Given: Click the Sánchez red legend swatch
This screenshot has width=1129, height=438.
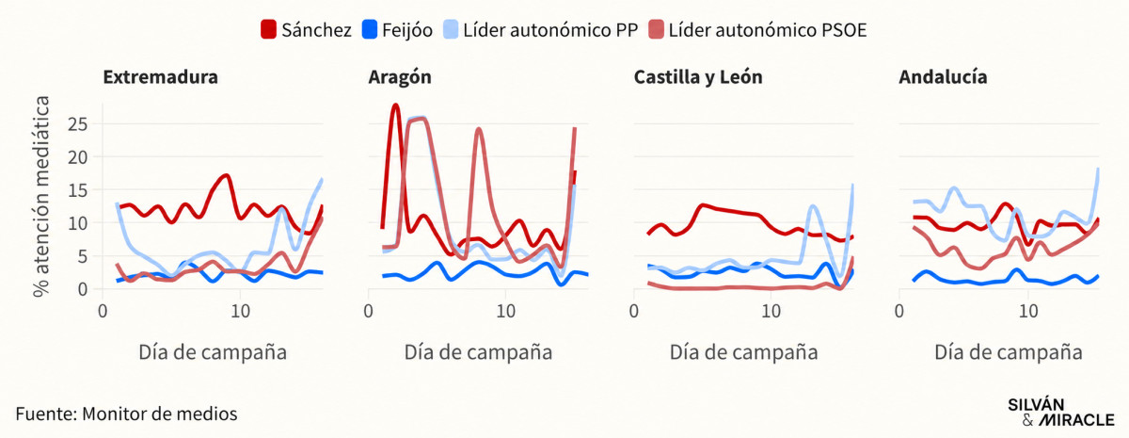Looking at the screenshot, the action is pos(269,29).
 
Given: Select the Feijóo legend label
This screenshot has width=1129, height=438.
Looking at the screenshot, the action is pos(407,30).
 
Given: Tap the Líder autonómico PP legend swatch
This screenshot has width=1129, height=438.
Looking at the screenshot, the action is pos(451,29).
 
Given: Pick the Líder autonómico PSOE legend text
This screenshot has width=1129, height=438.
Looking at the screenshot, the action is pos(768,30).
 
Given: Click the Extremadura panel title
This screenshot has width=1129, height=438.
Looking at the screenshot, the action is pos(160,77).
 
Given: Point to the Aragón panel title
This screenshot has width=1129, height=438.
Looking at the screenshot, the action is pos(400,77).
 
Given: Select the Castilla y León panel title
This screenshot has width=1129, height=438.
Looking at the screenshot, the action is pos(698,77).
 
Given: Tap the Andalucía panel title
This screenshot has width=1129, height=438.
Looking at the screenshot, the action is pos(943,77).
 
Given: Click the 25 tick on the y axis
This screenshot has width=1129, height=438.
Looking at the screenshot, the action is pos(77,124).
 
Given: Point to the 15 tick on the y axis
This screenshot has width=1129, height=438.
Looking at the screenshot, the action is pos(77,190).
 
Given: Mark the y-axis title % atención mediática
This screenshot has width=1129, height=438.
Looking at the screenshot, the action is pos(41,196).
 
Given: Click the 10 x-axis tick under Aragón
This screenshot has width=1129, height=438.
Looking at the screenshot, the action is pos(505,312).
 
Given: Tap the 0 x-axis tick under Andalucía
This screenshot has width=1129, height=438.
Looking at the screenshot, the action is pos(899,312).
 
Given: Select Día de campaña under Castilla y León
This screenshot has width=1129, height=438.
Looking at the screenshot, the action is pos(743,352).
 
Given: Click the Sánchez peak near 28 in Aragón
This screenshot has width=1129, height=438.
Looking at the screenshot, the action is pos(395,105).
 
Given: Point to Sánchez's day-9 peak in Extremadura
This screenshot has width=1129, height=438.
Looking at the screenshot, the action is pos(227,176).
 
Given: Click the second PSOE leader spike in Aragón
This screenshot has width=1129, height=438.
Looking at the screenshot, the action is pos(478,129).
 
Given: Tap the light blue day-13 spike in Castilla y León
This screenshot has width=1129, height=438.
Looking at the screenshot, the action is pos(811,206).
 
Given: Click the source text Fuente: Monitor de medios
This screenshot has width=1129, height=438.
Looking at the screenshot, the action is pos(126,414).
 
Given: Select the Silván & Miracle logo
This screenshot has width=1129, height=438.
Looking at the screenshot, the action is pos(1061,413).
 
